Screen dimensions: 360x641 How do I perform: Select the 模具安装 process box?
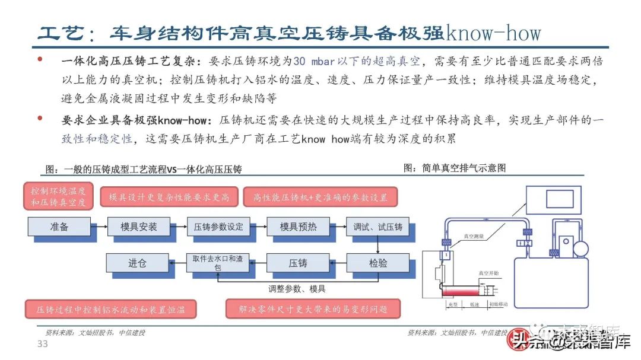(x=138, y=227)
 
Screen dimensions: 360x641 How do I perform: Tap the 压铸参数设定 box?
(x=218, y=227)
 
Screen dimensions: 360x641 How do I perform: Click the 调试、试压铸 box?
(x=377, y=227)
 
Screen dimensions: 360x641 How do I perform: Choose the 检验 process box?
(x=377, y=263)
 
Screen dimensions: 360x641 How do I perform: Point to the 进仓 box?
(x=137, y=263)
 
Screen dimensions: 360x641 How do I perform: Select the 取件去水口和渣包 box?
(x=217, y=263)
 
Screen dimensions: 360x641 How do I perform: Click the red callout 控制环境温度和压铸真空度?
(x=59, y=197)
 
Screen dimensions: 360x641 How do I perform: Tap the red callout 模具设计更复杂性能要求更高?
(x=169, y=197)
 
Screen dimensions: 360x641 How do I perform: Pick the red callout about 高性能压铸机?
(x=320, y=197)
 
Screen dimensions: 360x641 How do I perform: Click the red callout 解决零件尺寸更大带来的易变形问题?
(x=313, y=309)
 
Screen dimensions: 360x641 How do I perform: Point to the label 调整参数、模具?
(x=297, y=289)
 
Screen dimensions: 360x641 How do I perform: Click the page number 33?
(x=42, y=345)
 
